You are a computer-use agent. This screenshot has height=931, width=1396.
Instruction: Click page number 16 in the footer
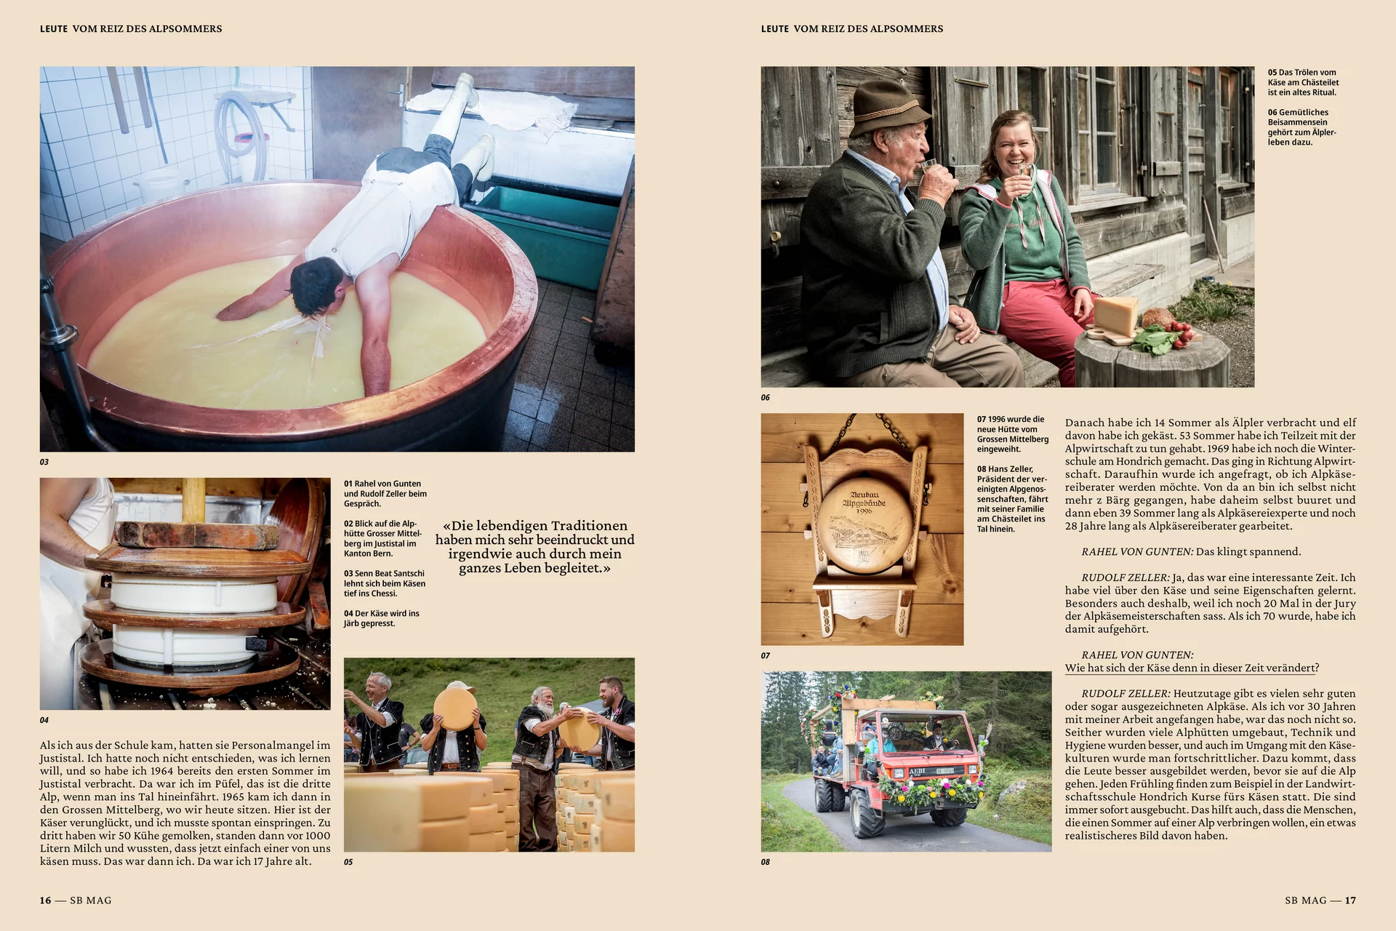point(45,900)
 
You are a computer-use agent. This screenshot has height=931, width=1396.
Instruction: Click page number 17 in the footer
point(1350,900)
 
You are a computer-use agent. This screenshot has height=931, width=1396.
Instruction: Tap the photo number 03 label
point(44,462)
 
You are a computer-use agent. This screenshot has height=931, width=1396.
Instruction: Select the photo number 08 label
point(765,862)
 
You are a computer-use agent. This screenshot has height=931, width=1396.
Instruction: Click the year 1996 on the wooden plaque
point(864,511)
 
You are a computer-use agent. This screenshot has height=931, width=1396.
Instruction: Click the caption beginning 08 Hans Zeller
point(1012,499)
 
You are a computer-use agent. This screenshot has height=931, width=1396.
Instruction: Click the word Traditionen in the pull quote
point(588,526)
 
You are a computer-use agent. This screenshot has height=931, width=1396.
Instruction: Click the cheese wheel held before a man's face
point(455,708)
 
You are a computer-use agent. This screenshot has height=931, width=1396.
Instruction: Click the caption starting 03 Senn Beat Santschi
point(385,583)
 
